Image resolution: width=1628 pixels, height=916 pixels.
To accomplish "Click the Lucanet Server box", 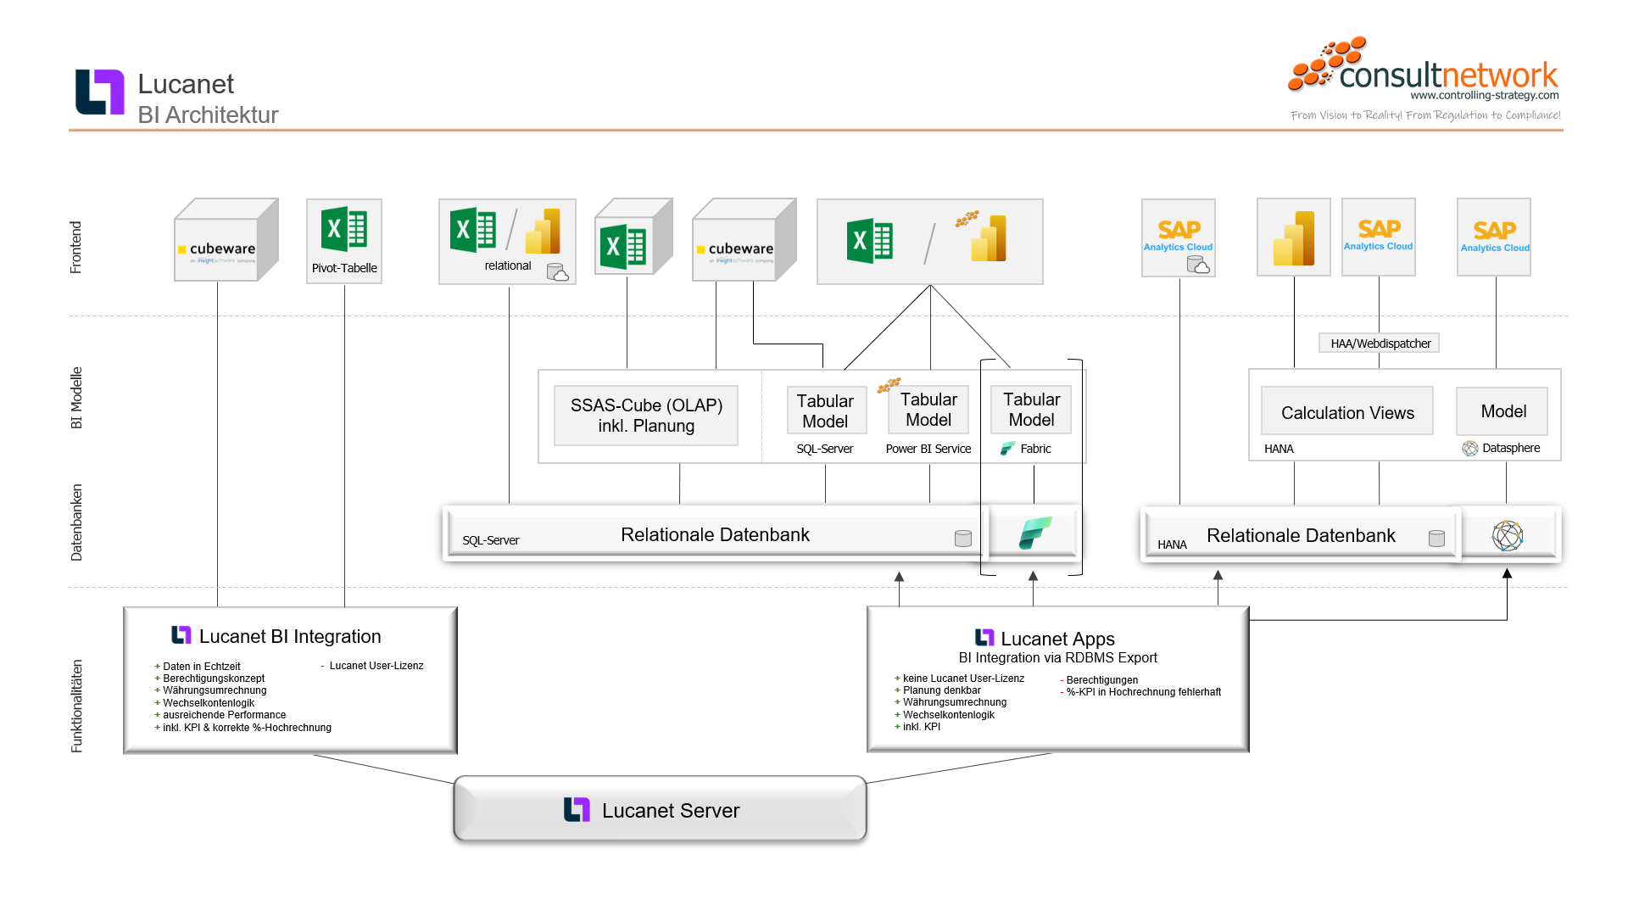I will point(660,810).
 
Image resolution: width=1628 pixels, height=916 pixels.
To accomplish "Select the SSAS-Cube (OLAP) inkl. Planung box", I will point(646,416).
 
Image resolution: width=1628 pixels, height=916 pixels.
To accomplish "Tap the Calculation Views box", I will point(1347,412).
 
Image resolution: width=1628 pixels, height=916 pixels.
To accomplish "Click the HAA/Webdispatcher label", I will point(1380,343).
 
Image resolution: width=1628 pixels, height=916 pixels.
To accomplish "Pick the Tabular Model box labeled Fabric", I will point(1031,410).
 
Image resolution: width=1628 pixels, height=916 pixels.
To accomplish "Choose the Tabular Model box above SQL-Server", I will point(825,411).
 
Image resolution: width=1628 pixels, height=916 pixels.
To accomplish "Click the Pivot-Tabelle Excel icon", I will point(344,230).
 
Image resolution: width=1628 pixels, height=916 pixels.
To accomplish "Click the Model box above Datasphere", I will point(1503,411).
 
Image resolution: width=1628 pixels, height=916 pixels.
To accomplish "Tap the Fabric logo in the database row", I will point(1034,533).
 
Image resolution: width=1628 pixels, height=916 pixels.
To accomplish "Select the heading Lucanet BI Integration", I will point(289,636).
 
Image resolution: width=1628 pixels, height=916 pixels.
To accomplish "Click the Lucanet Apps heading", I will point(1057,639).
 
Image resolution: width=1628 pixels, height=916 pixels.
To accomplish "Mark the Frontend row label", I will point(76,247).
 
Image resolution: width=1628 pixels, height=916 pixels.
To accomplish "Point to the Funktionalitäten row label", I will point(76,706).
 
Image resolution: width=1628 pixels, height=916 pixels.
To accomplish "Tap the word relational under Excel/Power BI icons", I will point(508,265).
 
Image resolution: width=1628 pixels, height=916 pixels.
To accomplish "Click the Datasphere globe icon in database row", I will point(1507,535).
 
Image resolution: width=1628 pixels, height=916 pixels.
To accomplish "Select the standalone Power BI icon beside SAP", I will point(1293,238).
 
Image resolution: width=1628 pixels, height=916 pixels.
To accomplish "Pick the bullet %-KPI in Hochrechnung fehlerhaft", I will point(1143,692).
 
